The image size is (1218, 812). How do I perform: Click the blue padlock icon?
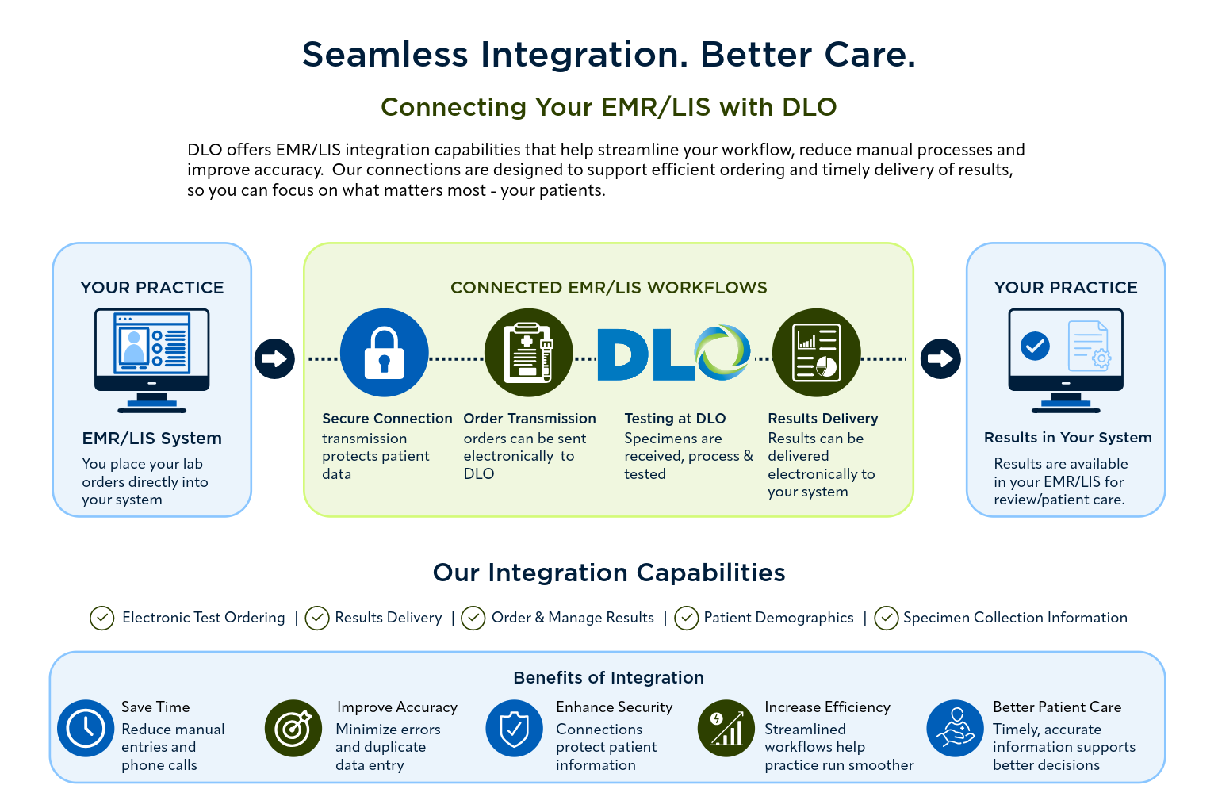[385, 352]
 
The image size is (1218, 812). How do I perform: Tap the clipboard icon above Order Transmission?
[529, 352]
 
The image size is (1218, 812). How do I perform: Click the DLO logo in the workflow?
[674, 352]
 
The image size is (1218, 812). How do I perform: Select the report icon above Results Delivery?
[816, 352]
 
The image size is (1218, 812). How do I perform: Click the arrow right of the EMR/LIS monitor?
[274, 359]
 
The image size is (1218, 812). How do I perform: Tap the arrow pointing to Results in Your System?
[940, 359]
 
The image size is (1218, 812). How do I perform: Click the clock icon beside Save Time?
[86, 728]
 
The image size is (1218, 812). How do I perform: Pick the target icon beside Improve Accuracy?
[293, 728]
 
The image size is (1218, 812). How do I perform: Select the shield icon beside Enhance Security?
[515, 728]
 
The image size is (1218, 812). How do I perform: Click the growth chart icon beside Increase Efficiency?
[726, 728]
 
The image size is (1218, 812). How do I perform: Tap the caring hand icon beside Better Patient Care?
[956, 728]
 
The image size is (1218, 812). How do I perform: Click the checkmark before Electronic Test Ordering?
[101, 619]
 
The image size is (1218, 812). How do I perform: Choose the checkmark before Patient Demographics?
[686, 619]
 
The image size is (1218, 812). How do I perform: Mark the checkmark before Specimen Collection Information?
[887, 619]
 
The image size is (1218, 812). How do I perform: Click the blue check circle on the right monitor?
[1036, 346]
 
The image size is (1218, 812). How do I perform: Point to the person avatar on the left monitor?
[134, 347]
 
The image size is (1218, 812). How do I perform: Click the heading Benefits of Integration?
[608, 678]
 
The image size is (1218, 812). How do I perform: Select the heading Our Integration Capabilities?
[609, 573]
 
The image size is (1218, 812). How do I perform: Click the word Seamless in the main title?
[385, 55]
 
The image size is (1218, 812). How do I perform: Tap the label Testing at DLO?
[675, 418]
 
